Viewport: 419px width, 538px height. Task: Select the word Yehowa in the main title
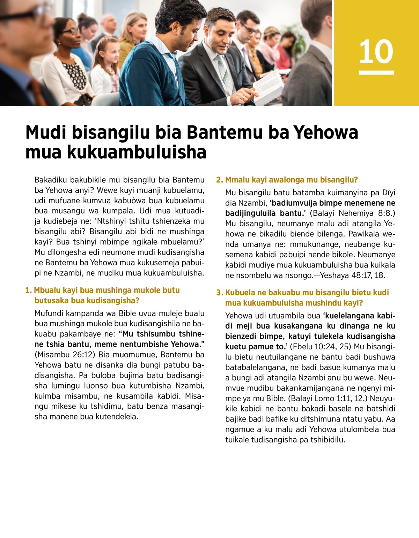click(326, 132)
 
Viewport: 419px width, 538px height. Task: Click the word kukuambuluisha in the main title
click(137, 152)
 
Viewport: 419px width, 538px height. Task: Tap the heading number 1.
click(28, 290)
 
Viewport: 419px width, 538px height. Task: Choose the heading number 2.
click(219, 180)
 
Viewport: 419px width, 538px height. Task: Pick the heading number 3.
click(219, 293)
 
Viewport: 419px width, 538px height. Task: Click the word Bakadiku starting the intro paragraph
click(51, 180)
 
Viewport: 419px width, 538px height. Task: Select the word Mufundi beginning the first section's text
click(49, 313)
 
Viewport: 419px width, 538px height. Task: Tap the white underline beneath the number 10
click(376, 73)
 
